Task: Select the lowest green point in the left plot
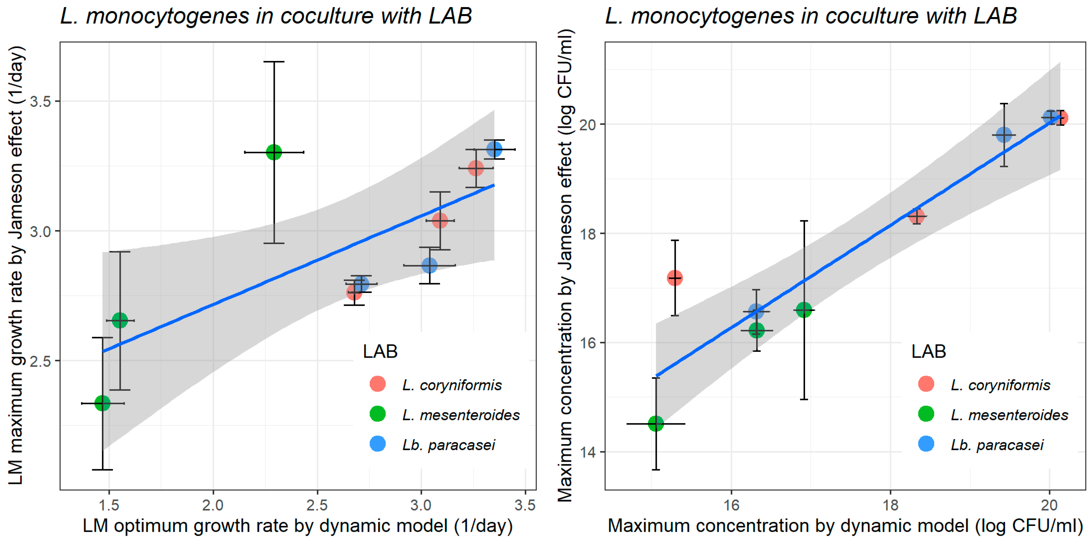(x=102, y=403)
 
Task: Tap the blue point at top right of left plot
(x=494, y=149)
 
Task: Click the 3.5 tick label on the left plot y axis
(x=40, y=101)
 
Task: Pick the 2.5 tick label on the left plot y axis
(x=40, y=361)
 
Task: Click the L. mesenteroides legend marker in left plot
(x=377, y=414)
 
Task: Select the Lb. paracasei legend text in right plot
(x=997, y=445)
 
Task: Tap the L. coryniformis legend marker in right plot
(x=926, y=384)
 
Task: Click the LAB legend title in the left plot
(x=380, y=352)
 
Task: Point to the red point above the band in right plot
(x=674, y=278)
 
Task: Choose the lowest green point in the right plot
(x=656, y=423)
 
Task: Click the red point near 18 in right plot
(x=916, y=216)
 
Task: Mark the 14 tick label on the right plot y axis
(x=588, y=452)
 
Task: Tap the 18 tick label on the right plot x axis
(x=890, y=505)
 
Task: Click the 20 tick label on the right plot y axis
(x=588, y=124)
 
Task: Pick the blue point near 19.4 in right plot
(x=1003, y=135)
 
